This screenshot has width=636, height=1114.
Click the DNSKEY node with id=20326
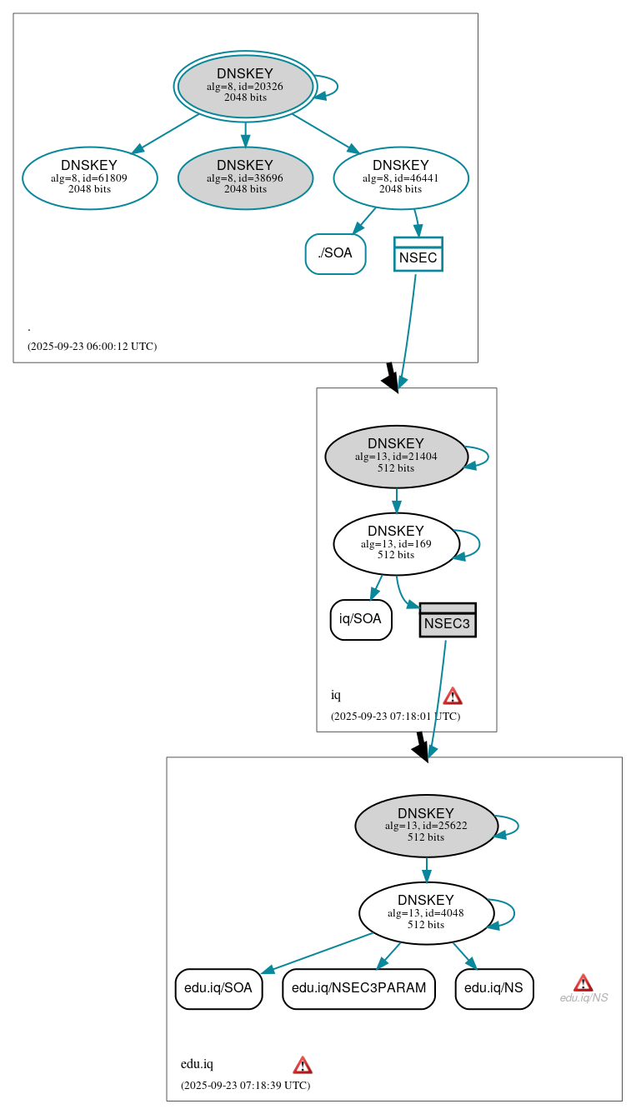245,86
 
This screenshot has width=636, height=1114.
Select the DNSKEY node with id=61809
90,177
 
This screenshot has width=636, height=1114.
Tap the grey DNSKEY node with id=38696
245,177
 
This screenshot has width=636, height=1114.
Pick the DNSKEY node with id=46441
401,177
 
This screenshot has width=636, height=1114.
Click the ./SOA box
335,254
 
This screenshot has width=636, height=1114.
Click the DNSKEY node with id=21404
396,457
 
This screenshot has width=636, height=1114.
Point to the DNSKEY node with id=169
396,544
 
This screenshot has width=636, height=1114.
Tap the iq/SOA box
361,619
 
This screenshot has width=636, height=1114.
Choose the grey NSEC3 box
448,621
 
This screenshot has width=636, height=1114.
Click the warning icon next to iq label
453,696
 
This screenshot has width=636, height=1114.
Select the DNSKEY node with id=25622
426,826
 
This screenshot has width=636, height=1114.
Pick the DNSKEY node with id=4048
426,913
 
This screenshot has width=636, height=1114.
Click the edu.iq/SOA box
218,989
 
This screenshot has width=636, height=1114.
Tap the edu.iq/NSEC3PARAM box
359,989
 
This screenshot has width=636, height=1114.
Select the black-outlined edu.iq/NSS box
494,989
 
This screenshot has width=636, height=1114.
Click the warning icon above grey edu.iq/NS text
583,983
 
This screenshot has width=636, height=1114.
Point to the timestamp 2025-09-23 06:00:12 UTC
92,347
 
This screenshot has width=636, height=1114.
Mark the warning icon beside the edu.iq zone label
303,1065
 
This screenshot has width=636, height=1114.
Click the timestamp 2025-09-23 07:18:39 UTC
245,1086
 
